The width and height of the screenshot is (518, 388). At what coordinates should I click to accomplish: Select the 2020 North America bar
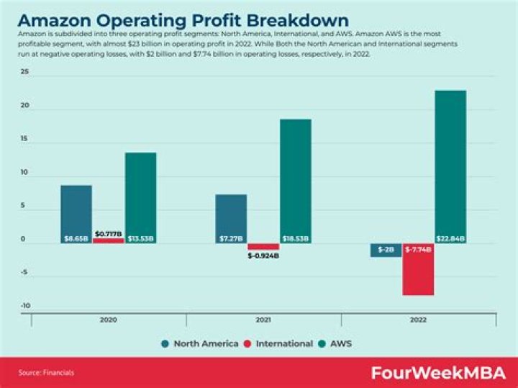pos(76,212)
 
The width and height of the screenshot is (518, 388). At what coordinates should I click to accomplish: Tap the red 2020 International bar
pos(108,240)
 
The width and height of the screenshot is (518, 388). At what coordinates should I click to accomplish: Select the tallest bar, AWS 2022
pos(450,166)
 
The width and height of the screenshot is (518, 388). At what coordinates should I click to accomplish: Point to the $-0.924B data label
pos(263,256)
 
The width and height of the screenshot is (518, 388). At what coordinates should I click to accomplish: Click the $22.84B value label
pos(450,238)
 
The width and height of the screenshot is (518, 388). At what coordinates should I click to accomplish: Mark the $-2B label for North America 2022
pos(386,249)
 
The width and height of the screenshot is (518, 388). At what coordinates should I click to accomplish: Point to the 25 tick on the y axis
pos(24,73)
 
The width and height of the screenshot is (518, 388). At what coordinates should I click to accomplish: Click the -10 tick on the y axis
pos(24,306)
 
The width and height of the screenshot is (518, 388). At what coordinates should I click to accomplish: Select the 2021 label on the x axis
pos(263,320)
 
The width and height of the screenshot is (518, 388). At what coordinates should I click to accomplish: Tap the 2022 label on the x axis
pos(418,320)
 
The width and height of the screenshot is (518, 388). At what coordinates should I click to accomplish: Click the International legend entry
pos(279,343)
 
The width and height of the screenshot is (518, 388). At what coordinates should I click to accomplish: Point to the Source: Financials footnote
pos(46,372)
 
